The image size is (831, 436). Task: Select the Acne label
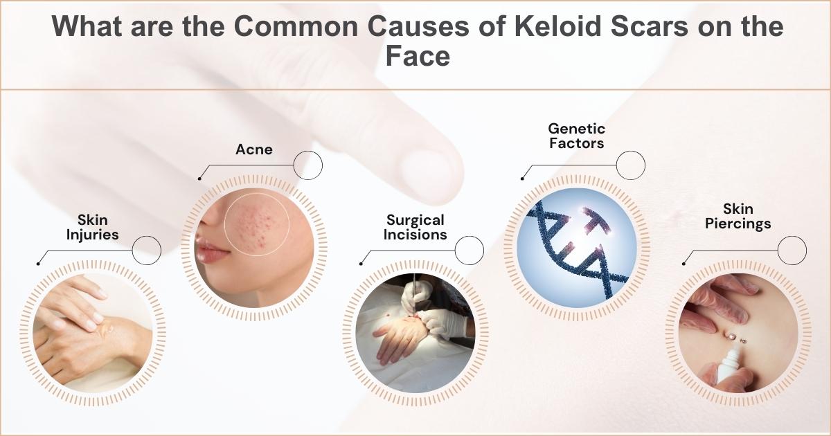[x=253, y=149]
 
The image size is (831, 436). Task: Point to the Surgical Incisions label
[x=415, y=227]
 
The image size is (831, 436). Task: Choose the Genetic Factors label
[x=576, y=136]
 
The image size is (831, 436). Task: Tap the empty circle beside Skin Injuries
[x=146, y=250]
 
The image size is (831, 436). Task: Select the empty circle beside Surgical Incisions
[x=470, y=250]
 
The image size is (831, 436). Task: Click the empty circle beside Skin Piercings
[x=792, y=250]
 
